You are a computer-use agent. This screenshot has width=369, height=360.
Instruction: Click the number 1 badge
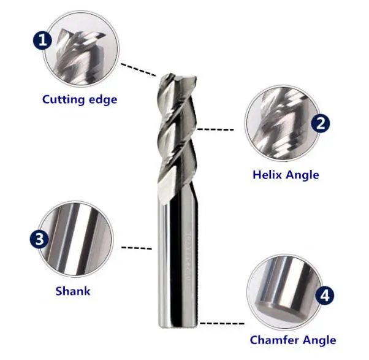pyautogui.click(x=42, y=41)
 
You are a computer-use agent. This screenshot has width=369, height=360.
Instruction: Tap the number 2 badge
pyautogui.click(x=321, y=123)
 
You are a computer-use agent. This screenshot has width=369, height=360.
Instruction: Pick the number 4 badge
pyautogui.click(x=324, y=297)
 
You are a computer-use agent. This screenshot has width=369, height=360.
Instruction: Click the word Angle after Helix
pyautogui.click(x=303, y=175)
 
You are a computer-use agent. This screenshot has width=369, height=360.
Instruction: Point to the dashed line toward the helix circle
pyautogui.click(x=216, y=129)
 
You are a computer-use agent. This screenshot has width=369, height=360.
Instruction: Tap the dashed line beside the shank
pyautogui.click(x=137, y=248)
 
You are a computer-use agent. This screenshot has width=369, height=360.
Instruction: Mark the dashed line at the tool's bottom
pyautogui.click(x=224, y=322)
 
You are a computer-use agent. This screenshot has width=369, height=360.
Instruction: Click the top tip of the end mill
pyautogui.click(x=177, y=77)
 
